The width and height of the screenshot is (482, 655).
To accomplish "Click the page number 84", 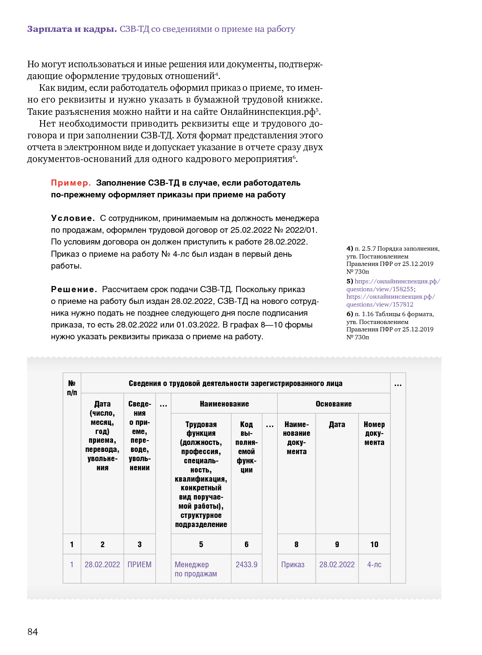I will tap(33, 631).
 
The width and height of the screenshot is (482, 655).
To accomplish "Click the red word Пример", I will tap(71, 183).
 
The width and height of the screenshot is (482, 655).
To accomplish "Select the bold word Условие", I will tap(72, 218).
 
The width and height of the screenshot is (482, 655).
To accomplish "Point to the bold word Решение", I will tap(74, 290).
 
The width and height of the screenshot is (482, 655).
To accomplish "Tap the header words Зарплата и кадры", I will tap(72, 29).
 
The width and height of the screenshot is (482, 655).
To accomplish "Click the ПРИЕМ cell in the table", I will tap(139, 565).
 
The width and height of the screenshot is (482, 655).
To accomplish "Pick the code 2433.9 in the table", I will tap(246, 565).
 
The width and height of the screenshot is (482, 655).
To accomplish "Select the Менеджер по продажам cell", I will tap(196, 569).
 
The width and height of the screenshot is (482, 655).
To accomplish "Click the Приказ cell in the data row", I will tap(293, 565).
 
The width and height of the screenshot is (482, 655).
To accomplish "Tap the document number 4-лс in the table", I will tap(374, 565).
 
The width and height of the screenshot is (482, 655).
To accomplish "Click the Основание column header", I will tap(334, 404).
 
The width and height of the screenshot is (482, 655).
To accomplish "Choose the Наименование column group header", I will tap(224, 404).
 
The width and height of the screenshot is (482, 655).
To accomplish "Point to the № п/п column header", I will tap(72, 388).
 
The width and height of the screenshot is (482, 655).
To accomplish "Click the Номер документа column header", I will tap(374, 433).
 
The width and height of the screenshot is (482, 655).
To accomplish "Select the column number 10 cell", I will tap(374, 545).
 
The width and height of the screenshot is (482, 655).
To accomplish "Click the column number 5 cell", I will tap(201, 545).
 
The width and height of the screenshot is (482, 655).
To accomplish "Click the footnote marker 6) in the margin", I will tap(350, 314).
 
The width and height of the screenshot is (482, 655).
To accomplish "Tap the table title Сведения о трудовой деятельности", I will tap(235, 383).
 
